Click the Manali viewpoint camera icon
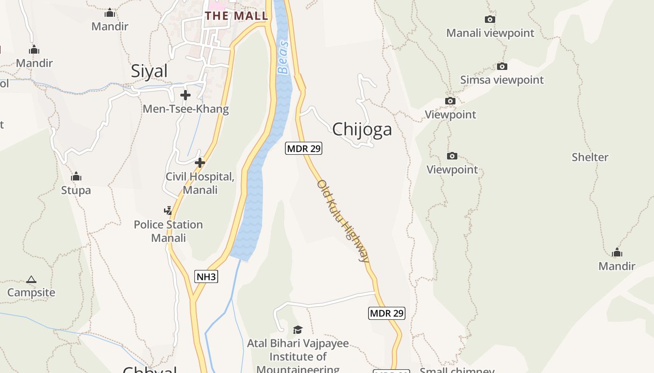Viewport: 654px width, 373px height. (x=490, y=19)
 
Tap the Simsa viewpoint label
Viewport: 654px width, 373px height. (x=502, y=80)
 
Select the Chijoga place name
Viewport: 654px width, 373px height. (x=362, y=129)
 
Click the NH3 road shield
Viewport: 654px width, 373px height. (x=206, y=276)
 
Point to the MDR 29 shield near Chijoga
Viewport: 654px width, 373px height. (x=304, y=149)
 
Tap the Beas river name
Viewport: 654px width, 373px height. (x=283, y=57)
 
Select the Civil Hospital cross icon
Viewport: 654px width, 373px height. (x=200, y=163)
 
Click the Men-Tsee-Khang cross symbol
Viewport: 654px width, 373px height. (x=185, y=95)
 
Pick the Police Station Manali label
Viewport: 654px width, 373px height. (x=168, y=231)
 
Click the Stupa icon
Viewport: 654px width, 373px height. (x=76, y=177)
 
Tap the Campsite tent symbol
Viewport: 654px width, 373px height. (x=31, y=280)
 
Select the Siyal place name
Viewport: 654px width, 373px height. (x=149, y=71)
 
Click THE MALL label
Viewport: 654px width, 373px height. (x=236, y=16)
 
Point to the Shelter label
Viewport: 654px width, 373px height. (x=590, y=157)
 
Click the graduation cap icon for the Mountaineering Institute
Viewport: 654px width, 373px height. (x=298, y=330)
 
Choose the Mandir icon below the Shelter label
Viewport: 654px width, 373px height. (x=617, y=253)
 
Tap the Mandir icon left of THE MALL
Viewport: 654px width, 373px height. (x=110, y=13)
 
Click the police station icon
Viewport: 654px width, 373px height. (x=168, y=211)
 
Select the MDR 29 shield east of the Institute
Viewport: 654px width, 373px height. (x=386, y=313)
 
